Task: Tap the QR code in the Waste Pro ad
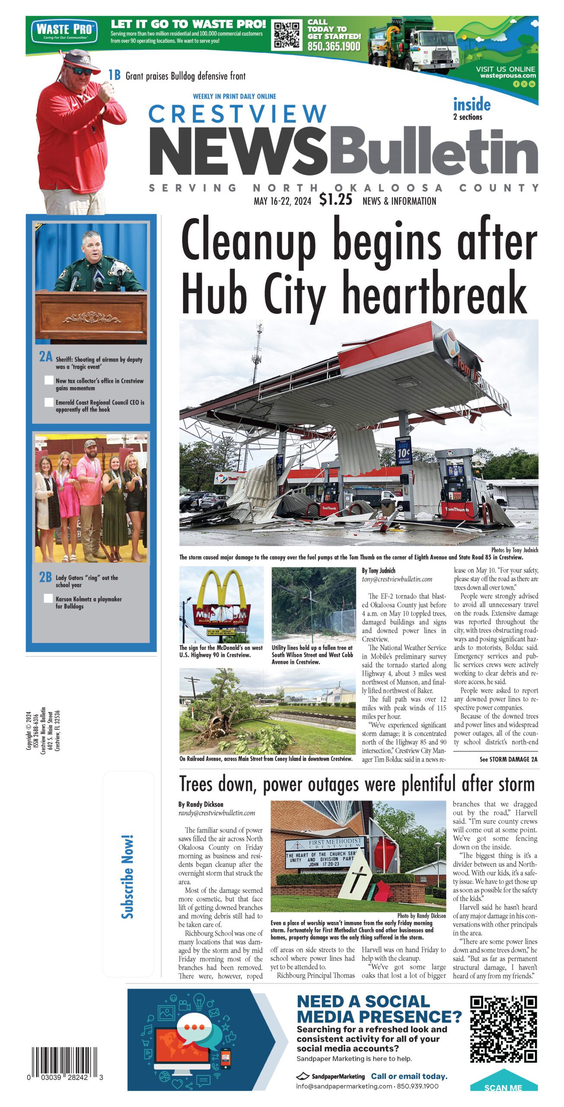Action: pos(287,35)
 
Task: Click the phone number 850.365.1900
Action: pos(334,47)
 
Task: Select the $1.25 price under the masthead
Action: pos(336,200)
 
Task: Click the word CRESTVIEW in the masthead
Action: pos(237,114)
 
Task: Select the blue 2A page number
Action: pos(45,357)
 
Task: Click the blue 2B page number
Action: pos(45,577)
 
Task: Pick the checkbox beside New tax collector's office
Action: pos(49,381)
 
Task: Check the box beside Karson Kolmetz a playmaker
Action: pos(49,599)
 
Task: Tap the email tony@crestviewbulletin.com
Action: pos(397,579)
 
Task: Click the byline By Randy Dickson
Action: pos(201,804)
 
